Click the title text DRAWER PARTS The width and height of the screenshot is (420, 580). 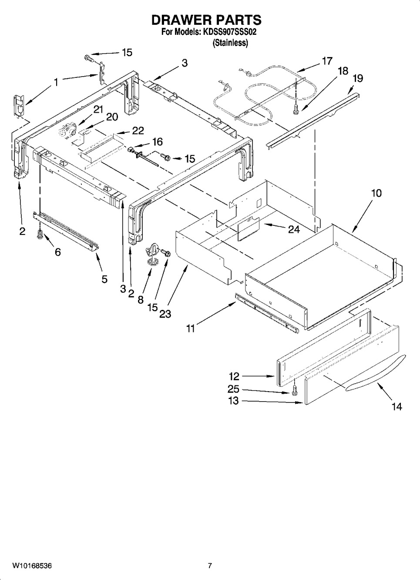(206, 20)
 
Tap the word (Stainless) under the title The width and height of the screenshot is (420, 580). (230, 43)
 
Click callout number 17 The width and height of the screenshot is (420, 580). (327, 61)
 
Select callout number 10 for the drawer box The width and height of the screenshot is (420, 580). (376, 193)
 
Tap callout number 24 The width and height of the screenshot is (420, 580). (294, 229)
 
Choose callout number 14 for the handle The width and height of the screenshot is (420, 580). (396, 407)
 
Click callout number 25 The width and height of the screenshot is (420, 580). (233, 389)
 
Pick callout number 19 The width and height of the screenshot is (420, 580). (358, 78)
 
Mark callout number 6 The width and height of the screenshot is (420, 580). (58, 251)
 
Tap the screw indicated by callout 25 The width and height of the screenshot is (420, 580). (294, 391)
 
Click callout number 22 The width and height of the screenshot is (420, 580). (138, 131)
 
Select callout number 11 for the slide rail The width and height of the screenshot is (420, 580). (191, 329)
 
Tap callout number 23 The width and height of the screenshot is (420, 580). (165, 314)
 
